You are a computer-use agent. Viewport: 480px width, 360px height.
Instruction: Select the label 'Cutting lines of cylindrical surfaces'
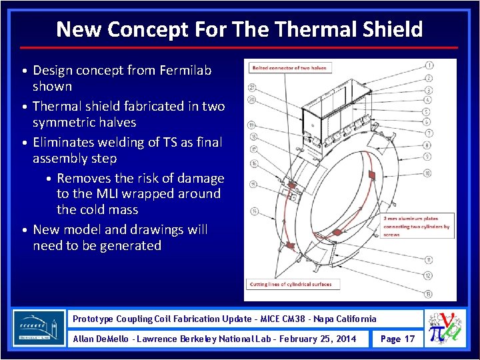click(290, 284)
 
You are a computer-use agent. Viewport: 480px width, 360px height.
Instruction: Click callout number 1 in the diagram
click(429, 65)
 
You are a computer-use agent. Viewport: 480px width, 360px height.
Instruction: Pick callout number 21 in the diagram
click(252, 87)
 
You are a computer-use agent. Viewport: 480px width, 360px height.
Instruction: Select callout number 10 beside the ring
click(427, 173)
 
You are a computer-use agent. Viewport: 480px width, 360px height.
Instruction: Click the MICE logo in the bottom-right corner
click(445, 329)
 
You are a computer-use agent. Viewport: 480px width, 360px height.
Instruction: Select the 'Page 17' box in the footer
click(397, 339)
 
